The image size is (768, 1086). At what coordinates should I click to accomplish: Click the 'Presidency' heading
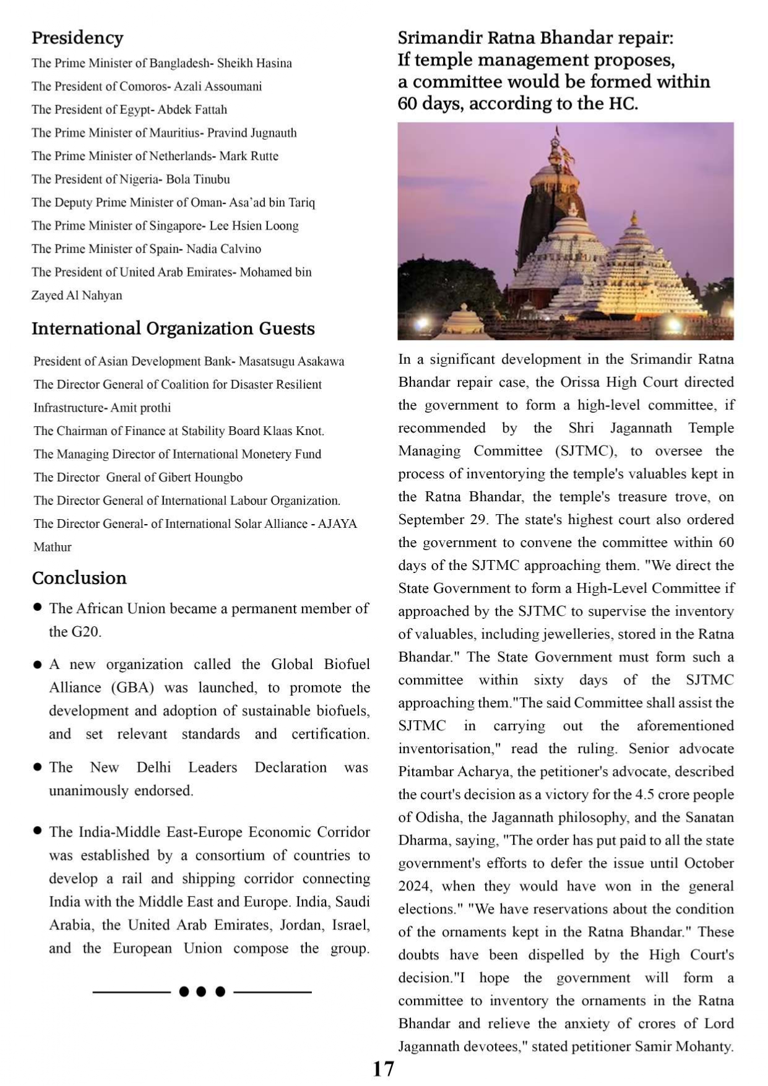[x=77, y=38]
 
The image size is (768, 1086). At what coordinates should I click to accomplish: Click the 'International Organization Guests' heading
[x=173, y=329]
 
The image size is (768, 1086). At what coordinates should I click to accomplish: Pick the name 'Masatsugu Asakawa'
[x=291, y=361]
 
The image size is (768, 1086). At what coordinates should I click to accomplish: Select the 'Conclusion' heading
[x=79, y=578]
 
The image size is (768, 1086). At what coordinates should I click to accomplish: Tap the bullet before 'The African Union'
[x=38, y=608]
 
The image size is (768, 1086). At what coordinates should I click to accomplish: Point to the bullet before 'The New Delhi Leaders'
[x=38, y=767]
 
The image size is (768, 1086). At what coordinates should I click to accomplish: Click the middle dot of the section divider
[x=201, y=992]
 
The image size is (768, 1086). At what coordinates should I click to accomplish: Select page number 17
[x=383, y=1069]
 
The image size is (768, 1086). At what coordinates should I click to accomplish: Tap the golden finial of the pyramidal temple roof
[x=634, y=218]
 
